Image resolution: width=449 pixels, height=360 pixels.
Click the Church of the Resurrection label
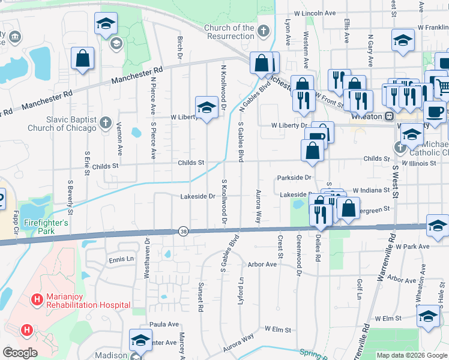(x=229, y=32)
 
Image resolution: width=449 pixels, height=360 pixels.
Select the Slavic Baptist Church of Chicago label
(x=62, y=124)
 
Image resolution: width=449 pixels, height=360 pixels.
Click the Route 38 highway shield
(x=183, y=231)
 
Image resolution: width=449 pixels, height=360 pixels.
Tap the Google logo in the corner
(x=20, y=353)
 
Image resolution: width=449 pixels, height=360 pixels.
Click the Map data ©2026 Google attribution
(x=412, y=355)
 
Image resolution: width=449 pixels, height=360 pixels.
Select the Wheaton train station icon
(x=390, y=115)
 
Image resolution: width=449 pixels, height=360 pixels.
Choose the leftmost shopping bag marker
(x=83, y=59)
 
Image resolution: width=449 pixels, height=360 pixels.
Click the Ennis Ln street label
(x=121, y=259)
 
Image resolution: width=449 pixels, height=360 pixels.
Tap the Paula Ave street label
(x=164, y=324)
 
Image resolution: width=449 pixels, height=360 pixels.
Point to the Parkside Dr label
(x=294, y=178)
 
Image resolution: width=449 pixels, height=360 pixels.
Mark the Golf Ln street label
(x=360, y=289)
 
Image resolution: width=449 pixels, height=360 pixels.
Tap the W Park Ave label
(x=412, y=247)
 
